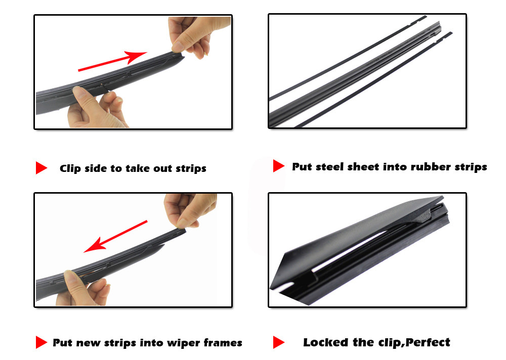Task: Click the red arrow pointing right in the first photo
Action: point(113,61)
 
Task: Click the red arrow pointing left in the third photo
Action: point(115,237)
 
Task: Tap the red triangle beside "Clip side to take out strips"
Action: point(41,168)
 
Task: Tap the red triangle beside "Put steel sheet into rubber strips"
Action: point(278,166)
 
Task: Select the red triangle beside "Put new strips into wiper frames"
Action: point(41,342)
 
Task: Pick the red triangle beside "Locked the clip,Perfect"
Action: point(278,342)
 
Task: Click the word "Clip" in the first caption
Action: point(70,168)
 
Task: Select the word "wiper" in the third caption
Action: point(184,343)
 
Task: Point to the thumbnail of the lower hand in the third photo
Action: point(71,277)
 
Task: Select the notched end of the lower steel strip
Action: point(443,37)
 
